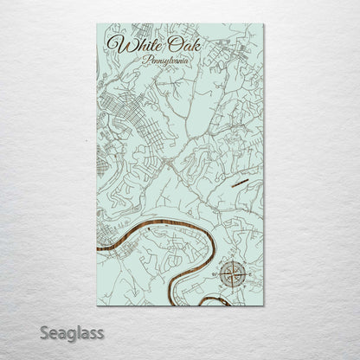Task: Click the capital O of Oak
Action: tap(165, 43)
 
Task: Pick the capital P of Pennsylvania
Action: tap(145, 61)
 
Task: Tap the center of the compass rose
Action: tap(232, 275)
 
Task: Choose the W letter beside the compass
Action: tap(216, 275)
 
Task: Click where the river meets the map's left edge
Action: tap(99, 252)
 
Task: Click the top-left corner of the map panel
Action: tap(97, 24)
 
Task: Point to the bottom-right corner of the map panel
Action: tap(264, 305)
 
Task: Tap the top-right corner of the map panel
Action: tap(264, 24)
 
